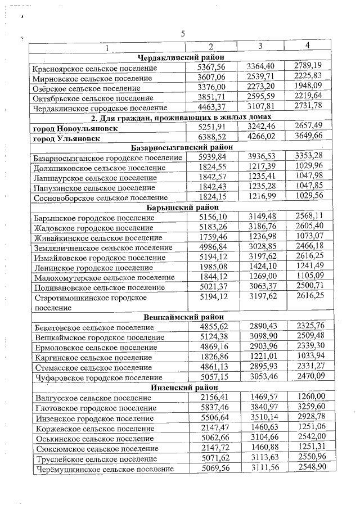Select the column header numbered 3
tap(260, 46)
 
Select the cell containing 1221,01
tap(260, 357)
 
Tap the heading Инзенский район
tap(181, 388)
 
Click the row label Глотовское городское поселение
tap(94, 408)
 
